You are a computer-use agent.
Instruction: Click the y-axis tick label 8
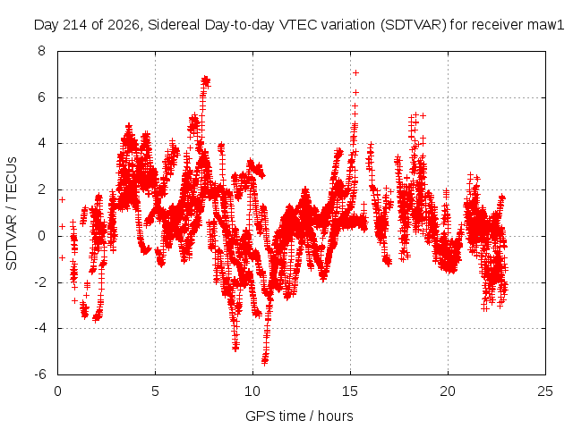tap(41, 51)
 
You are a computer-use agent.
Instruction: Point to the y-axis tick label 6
tap(41, 97)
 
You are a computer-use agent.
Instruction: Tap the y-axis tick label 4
tap(41, 143)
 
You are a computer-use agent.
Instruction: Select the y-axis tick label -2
tap(39, 282)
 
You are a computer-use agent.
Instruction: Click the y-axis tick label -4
tap(39, 328)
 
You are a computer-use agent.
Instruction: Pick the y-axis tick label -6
tap(39, 374)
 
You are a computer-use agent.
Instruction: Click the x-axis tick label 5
tap(155, 391)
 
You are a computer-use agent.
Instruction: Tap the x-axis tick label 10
tap(252, 391)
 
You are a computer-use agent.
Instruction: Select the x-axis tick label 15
tap(350, 391)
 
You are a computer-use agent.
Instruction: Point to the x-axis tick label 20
tap(448, 391)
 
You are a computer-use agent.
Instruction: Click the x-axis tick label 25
tap(545, 391)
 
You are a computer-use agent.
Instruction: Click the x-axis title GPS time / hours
tap(299, 416)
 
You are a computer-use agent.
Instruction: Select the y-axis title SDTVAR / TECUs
tap(12, 214)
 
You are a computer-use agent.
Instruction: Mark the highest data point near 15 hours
tap(355, 73)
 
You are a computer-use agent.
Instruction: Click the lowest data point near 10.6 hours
tap(265, 361)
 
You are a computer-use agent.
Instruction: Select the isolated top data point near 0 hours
tap(62, 199)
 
